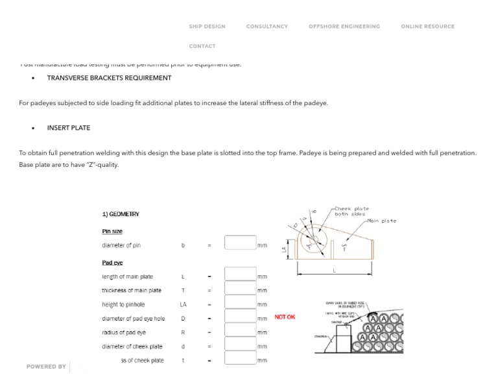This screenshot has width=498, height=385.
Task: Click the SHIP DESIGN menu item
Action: point(207,27)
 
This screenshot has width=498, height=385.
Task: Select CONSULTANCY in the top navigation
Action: point(267,27)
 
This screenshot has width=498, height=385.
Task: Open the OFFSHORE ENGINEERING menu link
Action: point(344,27)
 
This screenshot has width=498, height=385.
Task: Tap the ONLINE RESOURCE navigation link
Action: point(427,27)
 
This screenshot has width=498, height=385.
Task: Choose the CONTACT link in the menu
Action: point(202,46)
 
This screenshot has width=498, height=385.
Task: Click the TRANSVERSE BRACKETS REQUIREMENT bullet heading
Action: point(109,78)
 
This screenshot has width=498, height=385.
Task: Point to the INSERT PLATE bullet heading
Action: point(69,128)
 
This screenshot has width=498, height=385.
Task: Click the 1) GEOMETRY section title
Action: point(121,214)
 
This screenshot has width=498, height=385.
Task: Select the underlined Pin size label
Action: point(112,231)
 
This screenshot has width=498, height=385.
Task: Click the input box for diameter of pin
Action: point(240,243)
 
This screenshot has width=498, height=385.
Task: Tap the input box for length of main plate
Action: point(240,274)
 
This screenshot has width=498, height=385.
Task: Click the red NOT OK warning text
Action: point(285,317)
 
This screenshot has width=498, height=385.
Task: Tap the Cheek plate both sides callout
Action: point(351,211)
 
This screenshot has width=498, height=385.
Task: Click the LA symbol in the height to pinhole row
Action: point(183,304)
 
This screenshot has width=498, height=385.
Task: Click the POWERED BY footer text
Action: point(46,367)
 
